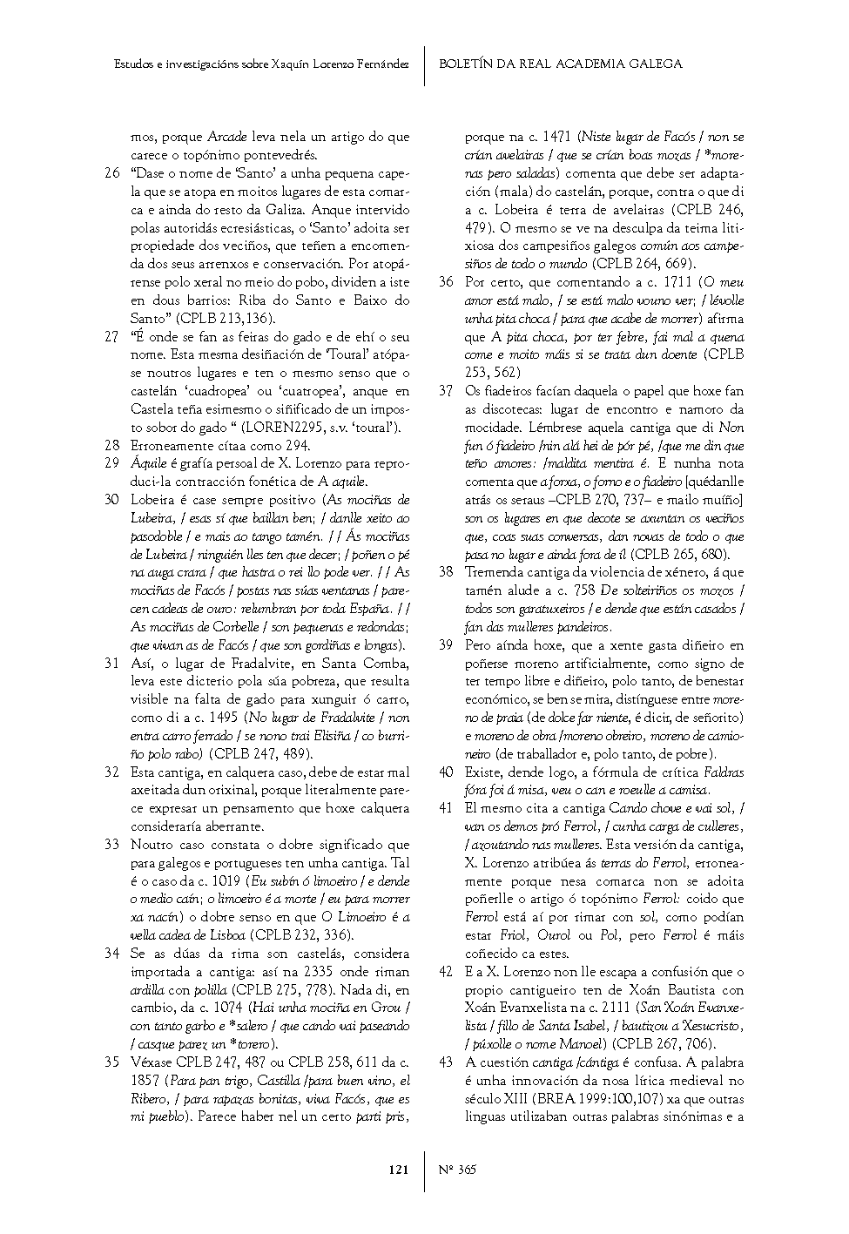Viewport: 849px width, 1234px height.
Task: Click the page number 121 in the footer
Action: pyautogui.click(x=397, y=1170)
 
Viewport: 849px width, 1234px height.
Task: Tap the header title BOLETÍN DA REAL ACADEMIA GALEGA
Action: pyautogui.click(x=560, y=64)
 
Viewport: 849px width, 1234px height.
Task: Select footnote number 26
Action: pyautogui.click(x=111, y=173)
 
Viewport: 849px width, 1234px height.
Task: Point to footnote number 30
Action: pyautogui.click(x=111, y=500)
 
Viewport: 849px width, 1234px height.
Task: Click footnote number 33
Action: pyautogui.click(x=111, y=844)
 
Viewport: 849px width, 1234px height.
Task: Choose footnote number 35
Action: pyautogui.click(x=111, y=1062)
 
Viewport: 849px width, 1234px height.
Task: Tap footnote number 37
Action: pyautogui.click(x=446, y=391)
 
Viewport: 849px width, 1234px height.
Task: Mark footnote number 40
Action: pyautogui.click(x=446, y=772)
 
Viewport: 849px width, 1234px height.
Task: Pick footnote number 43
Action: pyautogui.click(x=446, y=1062)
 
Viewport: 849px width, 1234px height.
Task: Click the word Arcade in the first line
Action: pyautogui.click(x=226, y=137)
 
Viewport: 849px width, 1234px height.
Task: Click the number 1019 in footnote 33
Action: pyautogui.click(x=227, y=880)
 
